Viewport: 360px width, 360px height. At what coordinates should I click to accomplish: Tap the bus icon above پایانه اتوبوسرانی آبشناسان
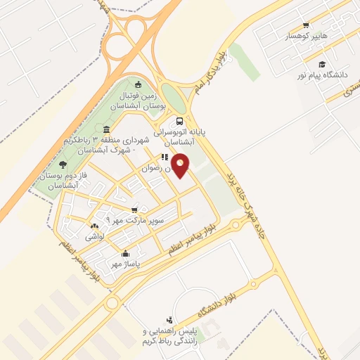point(180,120)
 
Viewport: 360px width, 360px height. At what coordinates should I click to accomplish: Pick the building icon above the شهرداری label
point(105,129)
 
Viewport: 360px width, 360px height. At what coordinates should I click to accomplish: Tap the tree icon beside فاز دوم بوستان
point(63,165)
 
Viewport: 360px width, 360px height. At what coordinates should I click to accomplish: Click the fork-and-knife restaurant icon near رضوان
point(164,157)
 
